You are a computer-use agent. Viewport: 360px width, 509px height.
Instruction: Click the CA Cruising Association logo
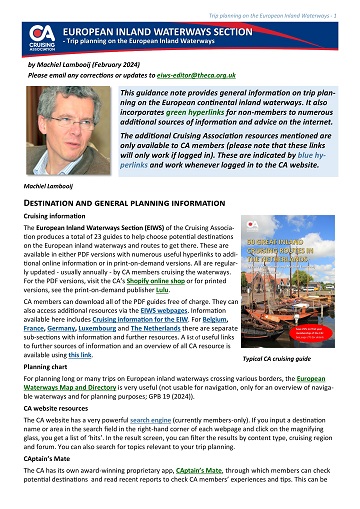pyautogui.click(x=40, y=38)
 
